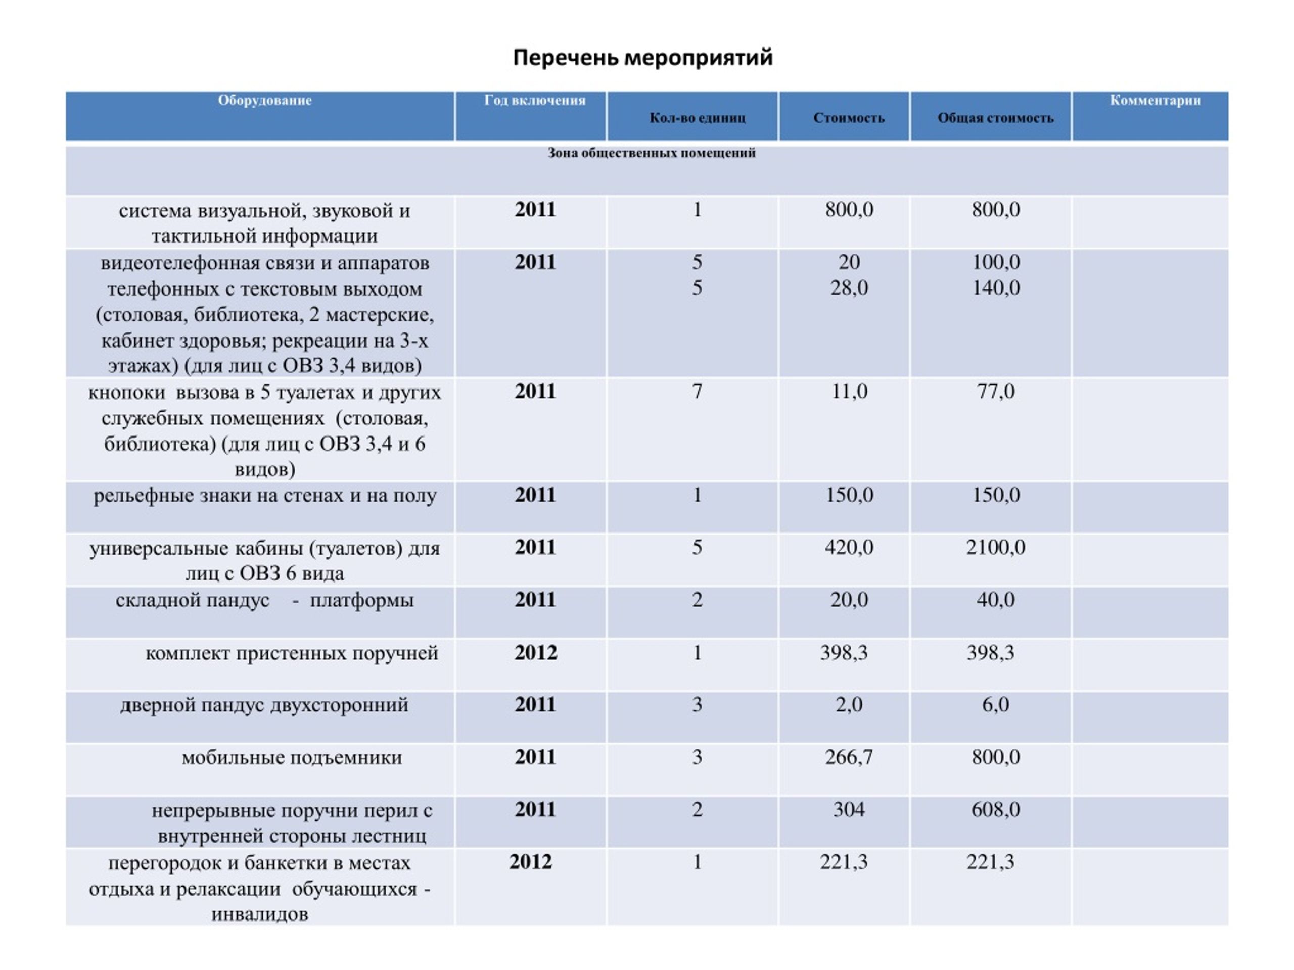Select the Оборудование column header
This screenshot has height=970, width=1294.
(x=265, y=100)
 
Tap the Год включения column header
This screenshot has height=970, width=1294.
(x=535, y=100)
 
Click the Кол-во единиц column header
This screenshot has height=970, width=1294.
(x=698, y=118)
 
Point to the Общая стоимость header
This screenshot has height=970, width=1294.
(x=995, y=118)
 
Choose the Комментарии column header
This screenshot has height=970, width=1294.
(x=1156, y=100)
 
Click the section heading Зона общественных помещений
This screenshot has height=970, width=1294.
(x=652, y=153)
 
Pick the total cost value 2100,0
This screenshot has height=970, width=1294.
(x=995, y=547)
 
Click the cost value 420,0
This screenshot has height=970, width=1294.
(x=849, y=547)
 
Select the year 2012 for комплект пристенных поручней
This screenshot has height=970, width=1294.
(x=535, y=653)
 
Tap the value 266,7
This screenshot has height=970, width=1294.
(x=849, y=757)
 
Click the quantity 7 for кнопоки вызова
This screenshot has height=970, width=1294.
(x=697, y=391)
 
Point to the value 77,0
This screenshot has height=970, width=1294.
(x=996, y=391)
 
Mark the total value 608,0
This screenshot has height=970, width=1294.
(x=996, y=810)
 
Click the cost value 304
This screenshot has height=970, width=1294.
(x=849, y=810)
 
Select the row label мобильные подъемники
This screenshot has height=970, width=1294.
(x=292, y=758)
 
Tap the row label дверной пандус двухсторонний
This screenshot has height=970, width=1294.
(x=264, y=705)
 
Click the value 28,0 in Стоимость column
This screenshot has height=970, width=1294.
(x=849, y=287)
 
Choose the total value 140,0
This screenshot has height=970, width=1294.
(x=996, y=287)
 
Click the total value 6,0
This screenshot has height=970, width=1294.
(x=996, y=705)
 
